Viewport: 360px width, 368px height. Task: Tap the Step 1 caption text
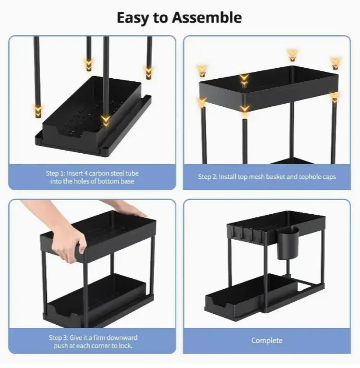tap(92, 177)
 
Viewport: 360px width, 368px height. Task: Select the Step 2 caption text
tap(267, 177)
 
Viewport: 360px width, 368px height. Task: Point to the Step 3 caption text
tap(92, 341)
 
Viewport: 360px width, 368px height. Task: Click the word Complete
tap(267, 340)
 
